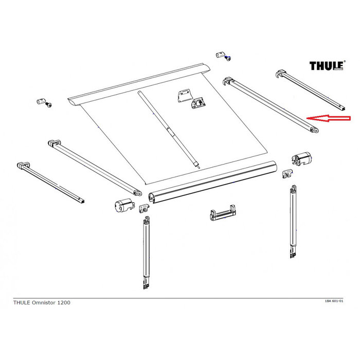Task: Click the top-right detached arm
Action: [312, 90]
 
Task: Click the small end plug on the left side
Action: [43, 101]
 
